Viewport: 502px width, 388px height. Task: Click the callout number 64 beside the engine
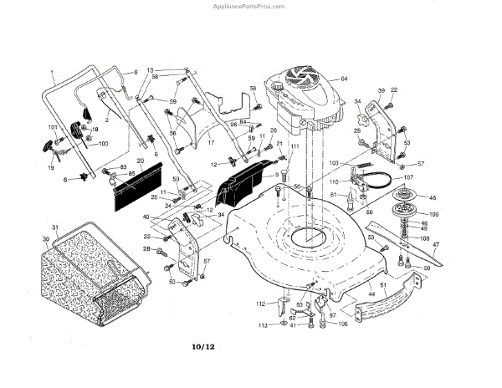(344, 79)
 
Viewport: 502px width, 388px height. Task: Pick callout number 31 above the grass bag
(54, 229)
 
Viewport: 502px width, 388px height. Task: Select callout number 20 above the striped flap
(140, 161)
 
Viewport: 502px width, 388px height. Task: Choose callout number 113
(262, 324)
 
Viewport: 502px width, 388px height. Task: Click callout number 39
(381, 90)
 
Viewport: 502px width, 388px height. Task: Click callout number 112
(261, 304)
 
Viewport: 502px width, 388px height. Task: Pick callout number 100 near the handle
(104, 144)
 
